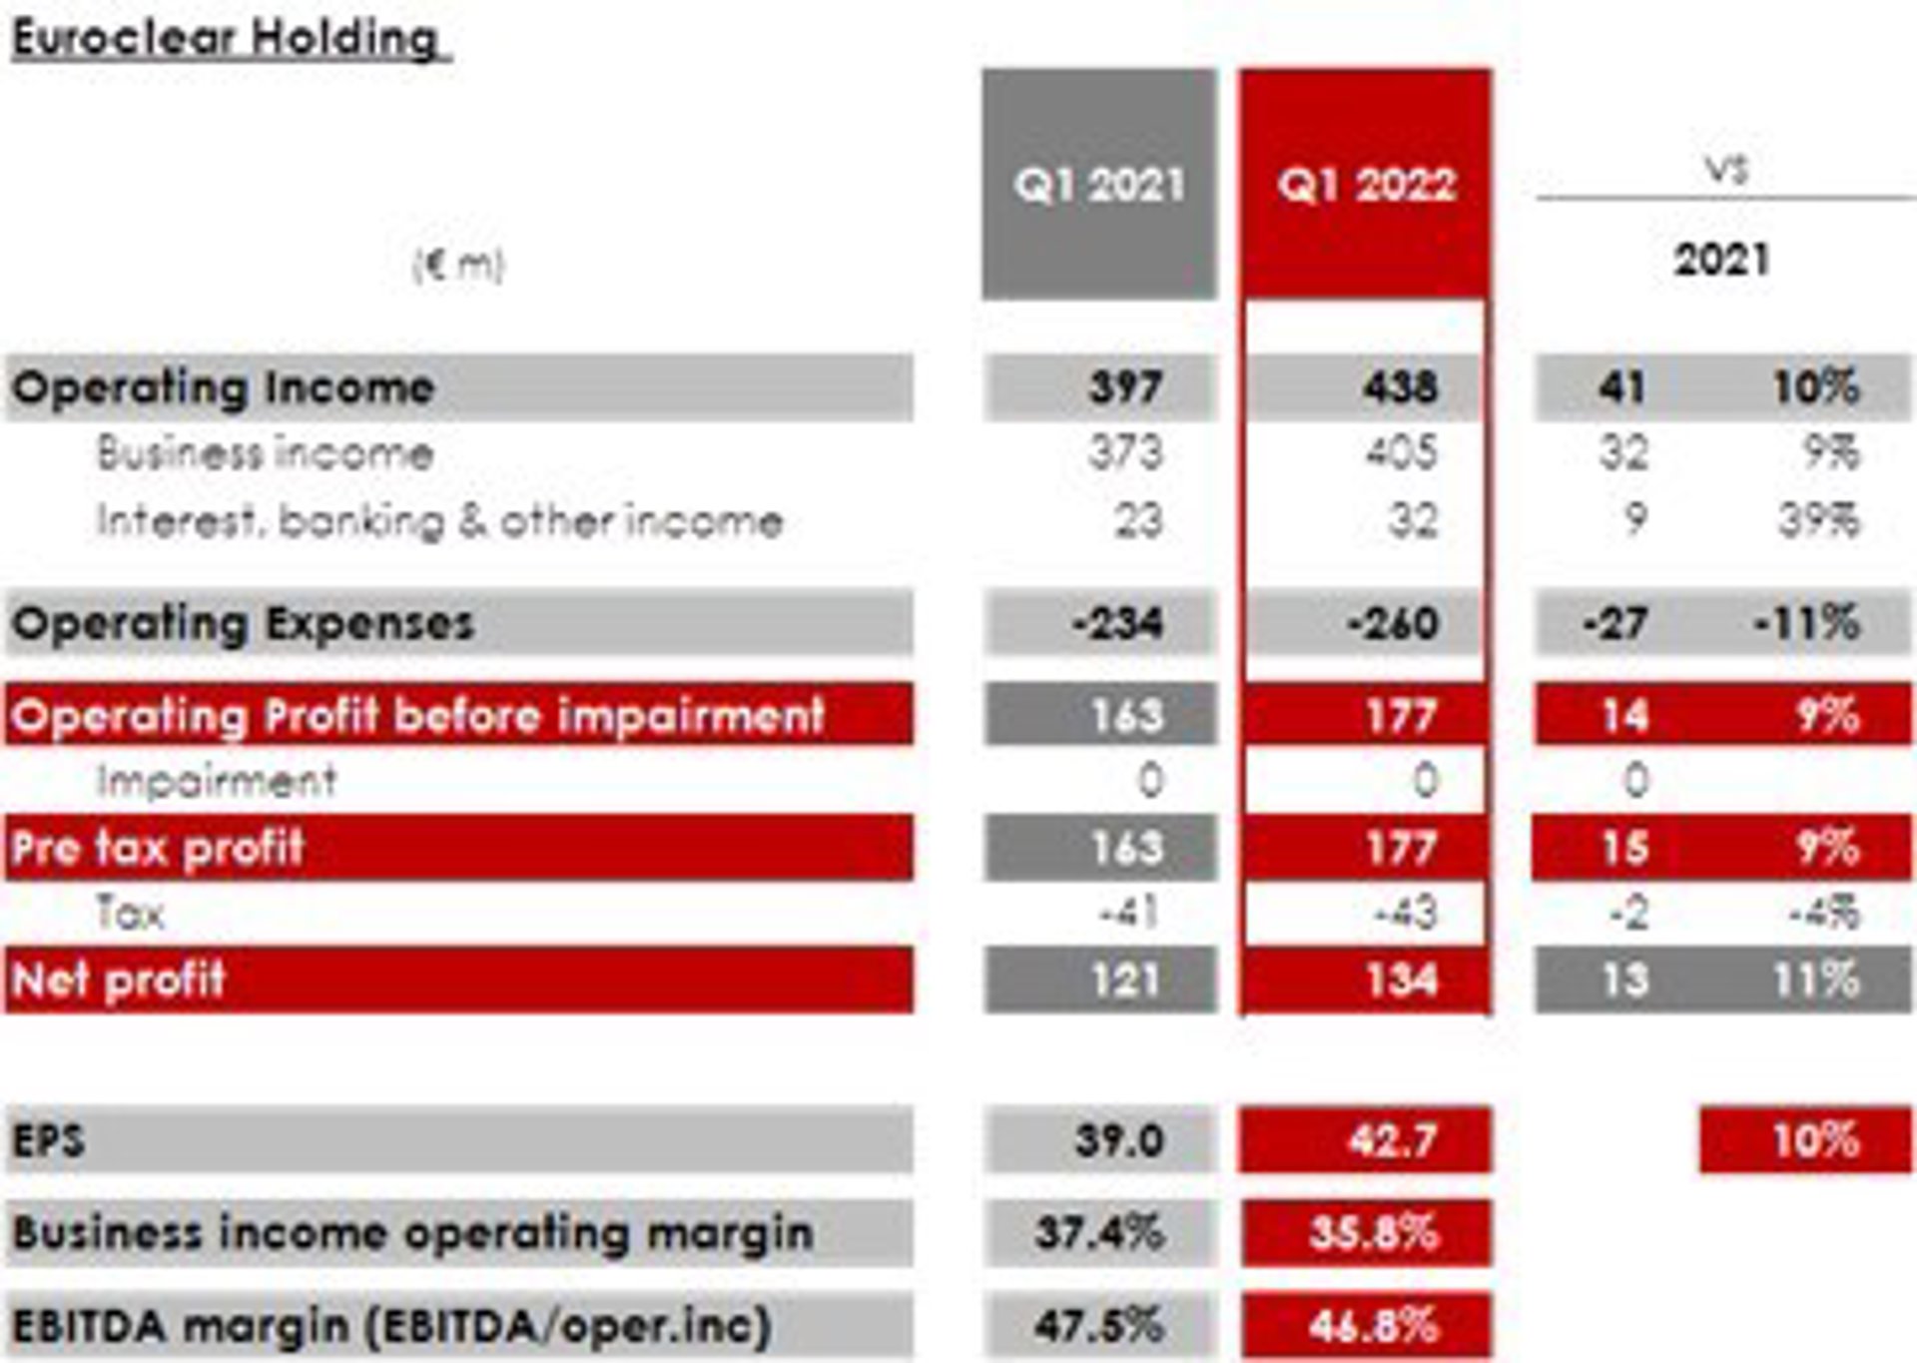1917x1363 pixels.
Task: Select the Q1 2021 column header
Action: (1099, 185)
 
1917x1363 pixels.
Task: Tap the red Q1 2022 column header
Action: (1366, 185)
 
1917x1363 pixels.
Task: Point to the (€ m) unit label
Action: (459, 265)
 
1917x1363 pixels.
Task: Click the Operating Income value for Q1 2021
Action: (1125, 387)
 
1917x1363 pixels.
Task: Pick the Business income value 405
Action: (1402, 453)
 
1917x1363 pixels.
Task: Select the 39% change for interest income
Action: (1818, 520)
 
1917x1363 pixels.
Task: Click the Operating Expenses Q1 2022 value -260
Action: (1393, 624)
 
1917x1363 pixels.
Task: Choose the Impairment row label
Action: (217, 781)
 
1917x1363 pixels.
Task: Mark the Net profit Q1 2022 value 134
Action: (1402, 980)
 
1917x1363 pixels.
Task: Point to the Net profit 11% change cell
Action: (1816, 980)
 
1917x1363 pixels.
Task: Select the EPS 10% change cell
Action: (1816, 1139)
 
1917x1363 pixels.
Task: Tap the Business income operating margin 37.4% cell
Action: (1099, 1233)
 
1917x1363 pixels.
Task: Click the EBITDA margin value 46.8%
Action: (1374, 1326)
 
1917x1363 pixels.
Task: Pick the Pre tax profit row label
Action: (158, 848)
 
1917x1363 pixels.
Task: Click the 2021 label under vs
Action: (1721, 261)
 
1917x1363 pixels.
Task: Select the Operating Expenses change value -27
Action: (1614, 624)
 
